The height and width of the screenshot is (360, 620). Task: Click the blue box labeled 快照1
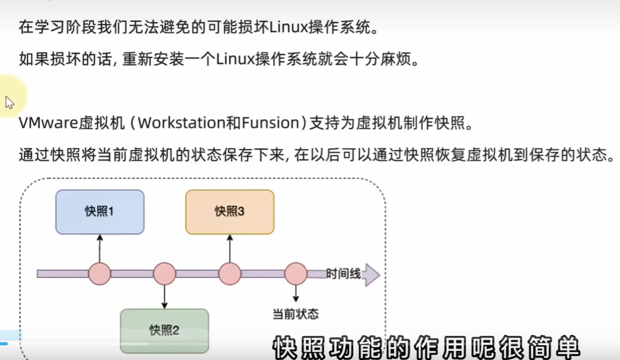tap(99, 212)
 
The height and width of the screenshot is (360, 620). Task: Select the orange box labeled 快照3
tap(229, 212)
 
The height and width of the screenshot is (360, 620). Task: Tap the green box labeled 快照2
tap(164, 331)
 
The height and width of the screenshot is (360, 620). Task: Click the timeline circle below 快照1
tap(99, 274)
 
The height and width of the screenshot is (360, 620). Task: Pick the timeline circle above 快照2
tap(164, 274)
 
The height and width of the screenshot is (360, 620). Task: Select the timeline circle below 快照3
tap(229, 274)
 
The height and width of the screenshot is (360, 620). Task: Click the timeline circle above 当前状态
tap(295, 274)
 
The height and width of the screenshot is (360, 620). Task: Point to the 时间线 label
tap(343, 274)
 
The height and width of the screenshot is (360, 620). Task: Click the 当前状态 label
tap(295, 314)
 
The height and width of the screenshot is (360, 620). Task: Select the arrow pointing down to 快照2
tap(164, 297)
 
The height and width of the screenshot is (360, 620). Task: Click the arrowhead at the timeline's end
tap(371, 274)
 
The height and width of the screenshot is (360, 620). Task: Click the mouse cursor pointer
tap(9, 102)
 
